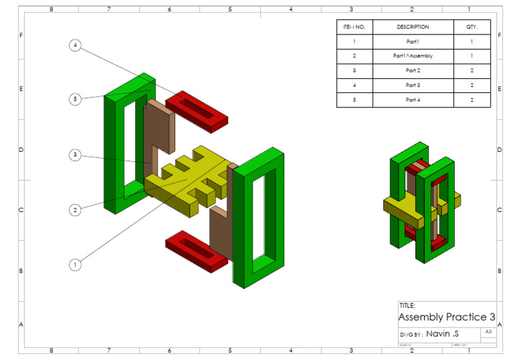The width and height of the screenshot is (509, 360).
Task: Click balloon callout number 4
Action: [76, 45]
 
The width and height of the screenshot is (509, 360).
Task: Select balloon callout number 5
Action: [76, 99]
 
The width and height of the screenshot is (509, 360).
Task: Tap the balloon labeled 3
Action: [76, 155]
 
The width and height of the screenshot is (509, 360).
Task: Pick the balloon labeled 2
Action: [76, 210]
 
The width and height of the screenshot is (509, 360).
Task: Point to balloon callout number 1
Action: [76, 265]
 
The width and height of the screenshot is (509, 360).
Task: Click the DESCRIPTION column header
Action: [413, 27]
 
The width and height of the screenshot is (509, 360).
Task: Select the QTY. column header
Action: [472, 27]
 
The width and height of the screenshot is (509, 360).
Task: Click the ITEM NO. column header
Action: [355, 27]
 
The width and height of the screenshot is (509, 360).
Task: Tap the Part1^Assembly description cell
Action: [413, 56]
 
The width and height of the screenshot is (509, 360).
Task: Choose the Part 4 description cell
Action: [413, 100]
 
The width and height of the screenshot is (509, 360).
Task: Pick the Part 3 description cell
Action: [413, 86]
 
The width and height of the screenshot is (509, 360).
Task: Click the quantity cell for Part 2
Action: [472, 71]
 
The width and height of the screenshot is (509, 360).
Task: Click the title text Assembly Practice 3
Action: [446, 318]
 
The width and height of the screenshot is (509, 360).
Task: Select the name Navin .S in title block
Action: [442, 333]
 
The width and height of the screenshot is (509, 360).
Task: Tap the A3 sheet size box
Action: [488, 331]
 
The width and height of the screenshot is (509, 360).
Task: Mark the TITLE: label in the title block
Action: [408, 306]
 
